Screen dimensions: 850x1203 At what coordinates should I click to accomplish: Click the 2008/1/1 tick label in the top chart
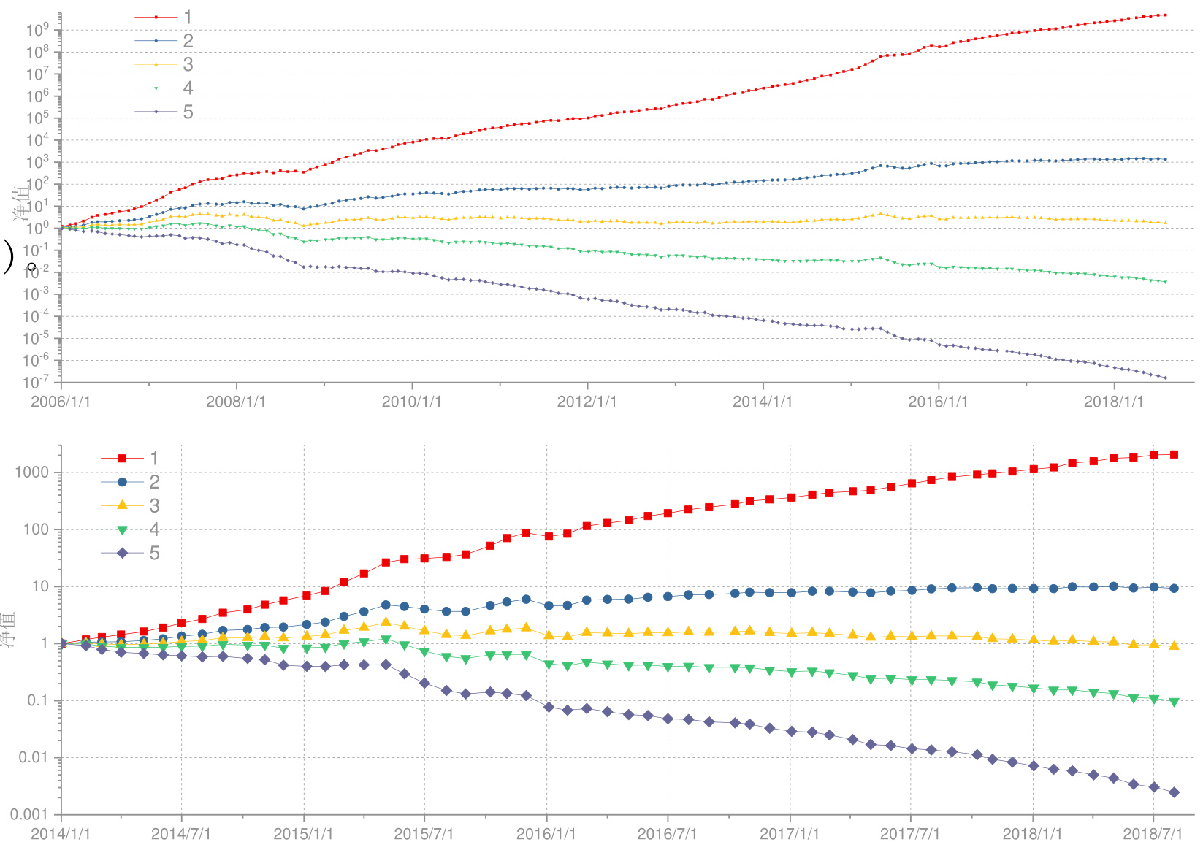(x=235, y=402)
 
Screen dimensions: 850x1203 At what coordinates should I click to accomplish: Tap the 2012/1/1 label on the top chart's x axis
(x=587, y=402)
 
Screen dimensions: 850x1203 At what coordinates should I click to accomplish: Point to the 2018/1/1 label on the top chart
(x=1113, y=402)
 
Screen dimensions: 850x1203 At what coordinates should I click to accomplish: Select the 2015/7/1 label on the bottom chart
(x=424, y=834)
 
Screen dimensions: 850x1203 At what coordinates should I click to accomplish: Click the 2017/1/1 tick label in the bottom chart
(x=789, y=834)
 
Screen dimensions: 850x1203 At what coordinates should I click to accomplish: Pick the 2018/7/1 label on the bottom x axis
(x=1153, y=834)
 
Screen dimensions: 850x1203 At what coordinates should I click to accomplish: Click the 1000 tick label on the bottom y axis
(x=32, y=472)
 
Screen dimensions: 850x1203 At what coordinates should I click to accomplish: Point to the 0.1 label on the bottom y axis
(x=38, y=700)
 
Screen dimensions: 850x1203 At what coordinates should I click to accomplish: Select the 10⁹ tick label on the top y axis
(x=37, y=30)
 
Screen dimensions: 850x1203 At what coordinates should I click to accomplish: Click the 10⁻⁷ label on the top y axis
(x=36, y=382)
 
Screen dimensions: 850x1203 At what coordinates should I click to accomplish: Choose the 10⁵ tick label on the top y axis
(x=37, y=118)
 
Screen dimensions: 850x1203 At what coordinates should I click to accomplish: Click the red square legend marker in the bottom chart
(x=122, y=458)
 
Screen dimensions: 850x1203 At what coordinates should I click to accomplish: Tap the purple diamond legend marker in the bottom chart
(x=122, y=553)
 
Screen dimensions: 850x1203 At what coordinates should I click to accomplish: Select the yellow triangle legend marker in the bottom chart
(x=122, y=505)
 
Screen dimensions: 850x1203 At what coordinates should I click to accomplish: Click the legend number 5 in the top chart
(x=188, y=112)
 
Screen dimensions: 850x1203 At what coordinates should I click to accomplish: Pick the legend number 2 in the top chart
(x=188, y=41)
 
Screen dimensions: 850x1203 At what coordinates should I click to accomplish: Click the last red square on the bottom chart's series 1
(x=1174, y=454)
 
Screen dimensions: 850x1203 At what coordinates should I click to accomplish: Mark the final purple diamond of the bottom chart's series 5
(x=1174, y=792)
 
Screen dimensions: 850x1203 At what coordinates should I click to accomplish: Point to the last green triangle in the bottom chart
(x=1174, y=702)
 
